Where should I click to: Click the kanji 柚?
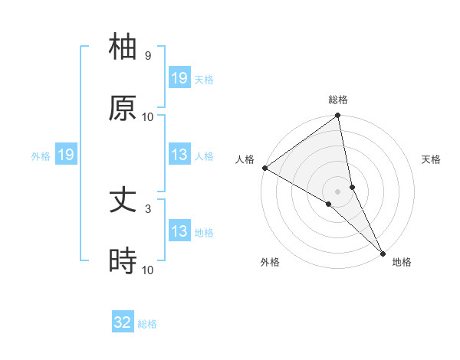123,47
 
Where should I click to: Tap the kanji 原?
123,108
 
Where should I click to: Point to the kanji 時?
123,261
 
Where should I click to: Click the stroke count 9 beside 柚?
147,56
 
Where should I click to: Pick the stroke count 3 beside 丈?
147,208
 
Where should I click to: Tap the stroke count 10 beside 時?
147,270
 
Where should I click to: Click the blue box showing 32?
123,322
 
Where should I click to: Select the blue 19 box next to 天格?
179,78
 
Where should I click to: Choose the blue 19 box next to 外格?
65,155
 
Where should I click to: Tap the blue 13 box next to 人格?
179,155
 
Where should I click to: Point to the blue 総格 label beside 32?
147,324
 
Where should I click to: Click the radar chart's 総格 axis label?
338,100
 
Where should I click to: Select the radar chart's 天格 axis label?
431,159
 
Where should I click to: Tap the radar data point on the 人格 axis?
264,168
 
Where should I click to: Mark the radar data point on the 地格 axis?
383,251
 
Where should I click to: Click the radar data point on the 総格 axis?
338,116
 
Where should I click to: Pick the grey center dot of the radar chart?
338,191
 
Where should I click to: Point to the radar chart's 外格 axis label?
270,262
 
